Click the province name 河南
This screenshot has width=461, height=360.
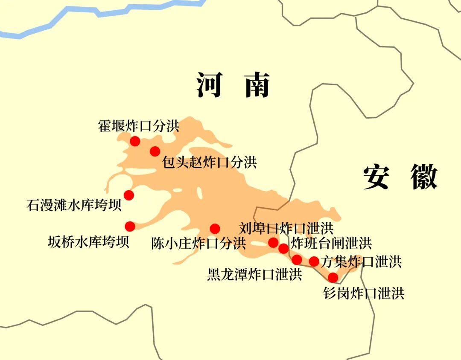point(233,85)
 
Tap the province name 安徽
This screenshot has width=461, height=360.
point(400,177)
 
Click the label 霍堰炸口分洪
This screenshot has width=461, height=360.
point(139,126)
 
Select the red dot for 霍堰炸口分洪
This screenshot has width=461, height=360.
point(135,141)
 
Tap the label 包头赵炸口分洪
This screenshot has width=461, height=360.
point(209,162)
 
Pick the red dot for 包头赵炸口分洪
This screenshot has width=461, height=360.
point(155,151)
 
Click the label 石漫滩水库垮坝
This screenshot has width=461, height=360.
point(74,205)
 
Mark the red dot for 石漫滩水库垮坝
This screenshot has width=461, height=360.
point(128,195)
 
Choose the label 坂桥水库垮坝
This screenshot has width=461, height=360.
point(88,242)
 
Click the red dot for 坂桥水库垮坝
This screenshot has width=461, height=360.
point(130,226)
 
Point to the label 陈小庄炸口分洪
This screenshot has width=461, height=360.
point(198,244)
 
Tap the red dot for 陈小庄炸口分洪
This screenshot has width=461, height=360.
point(215,229)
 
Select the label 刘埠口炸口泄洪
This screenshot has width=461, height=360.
point(286,228)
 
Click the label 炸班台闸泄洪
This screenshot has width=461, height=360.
point(331,243)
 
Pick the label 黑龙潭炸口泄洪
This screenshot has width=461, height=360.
point(254,274)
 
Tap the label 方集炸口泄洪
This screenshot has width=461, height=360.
point(361,261)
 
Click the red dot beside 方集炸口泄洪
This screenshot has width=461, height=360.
point(314,261)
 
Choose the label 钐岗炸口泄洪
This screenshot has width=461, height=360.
point(364,293)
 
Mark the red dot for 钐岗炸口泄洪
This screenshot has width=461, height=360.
point(333,278)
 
